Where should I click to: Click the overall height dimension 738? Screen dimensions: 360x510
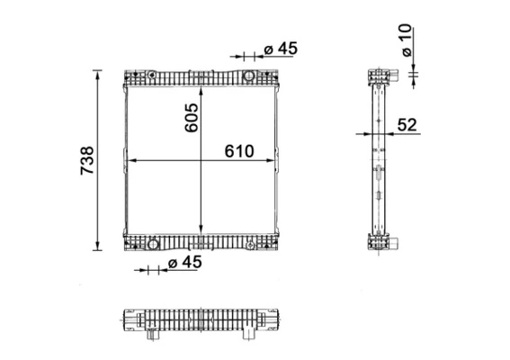coord(87,159)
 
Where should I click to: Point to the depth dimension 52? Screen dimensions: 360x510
coord(407,125)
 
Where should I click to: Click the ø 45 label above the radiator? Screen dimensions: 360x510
coord(281,49)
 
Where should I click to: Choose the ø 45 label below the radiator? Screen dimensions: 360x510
coord(185,262)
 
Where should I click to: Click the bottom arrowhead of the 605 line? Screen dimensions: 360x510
coord(200,229)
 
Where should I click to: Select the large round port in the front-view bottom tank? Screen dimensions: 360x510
coord(154,243)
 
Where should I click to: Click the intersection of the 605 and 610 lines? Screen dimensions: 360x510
coord(200,160)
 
